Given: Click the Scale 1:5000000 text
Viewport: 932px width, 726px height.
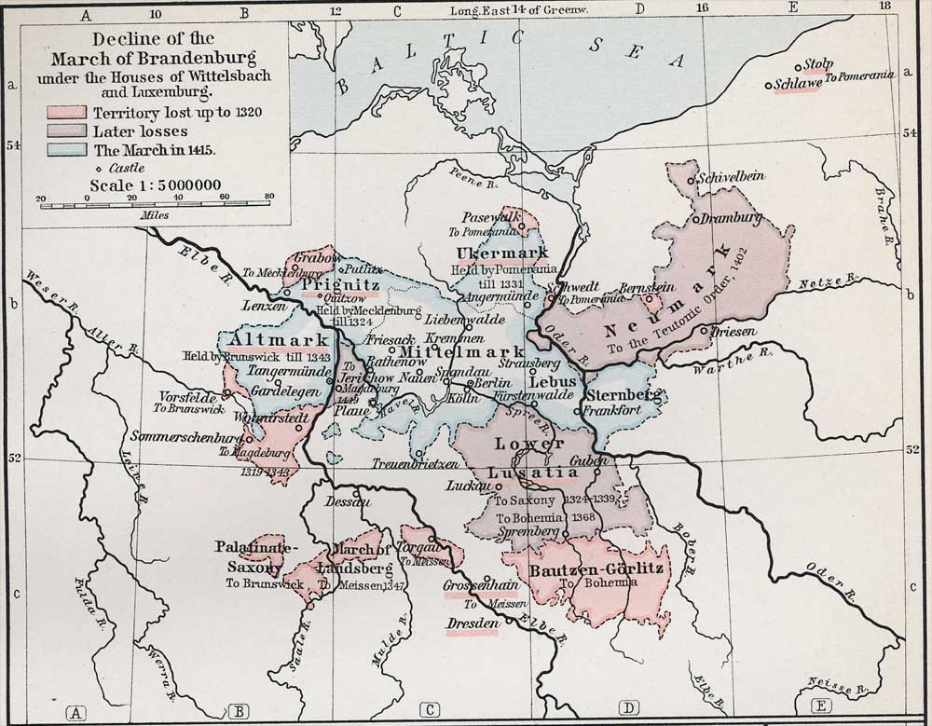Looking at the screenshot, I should (x=155, y=185).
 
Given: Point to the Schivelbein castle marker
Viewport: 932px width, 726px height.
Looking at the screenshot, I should (x=691, y=179).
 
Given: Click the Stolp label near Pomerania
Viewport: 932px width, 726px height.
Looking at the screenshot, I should (x=816, y=64).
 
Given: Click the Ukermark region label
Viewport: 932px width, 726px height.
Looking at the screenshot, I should (x=489, y=253).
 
